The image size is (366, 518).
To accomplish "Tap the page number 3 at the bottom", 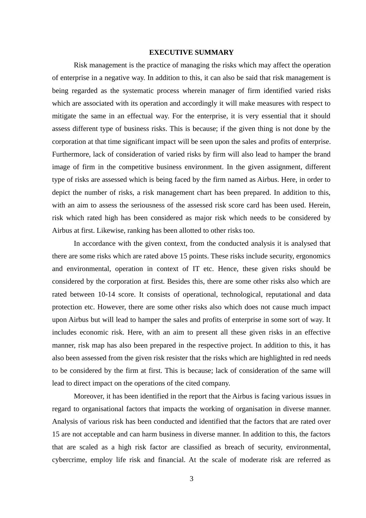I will tap(191, 479).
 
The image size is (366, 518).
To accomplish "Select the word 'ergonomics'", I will tap(313, 256).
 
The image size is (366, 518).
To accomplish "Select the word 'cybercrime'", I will tap(69, 460).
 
